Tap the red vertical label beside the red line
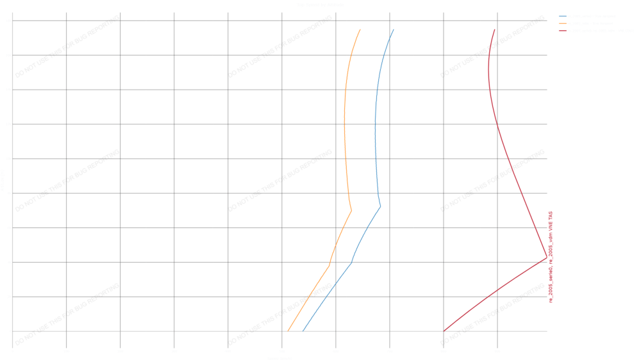551,256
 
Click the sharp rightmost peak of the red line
547,258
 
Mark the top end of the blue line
394,29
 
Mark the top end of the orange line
360,29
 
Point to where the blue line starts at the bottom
303,331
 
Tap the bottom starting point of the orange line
288,331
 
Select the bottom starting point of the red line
444,331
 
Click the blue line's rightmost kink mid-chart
380,207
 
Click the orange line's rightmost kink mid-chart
352,210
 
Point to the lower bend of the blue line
351,262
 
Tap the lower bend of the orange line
329,266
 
